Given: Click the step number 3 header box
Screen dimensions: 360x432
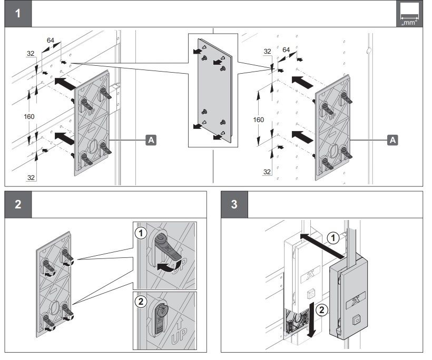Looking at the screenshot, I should (x=234, y=204).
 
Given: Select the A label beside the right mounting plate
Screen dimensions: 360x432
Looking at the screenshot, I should (x=392, y=139).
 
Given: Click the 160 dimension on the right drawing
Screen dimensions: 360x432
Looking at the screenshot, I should (x=259, y=119).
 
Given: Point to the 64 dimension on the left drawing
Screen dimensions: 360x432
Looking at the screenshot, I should (x=51, y=39).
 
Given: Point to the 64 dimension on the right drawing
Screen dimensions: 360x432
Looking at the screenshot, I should (x=286, y=49).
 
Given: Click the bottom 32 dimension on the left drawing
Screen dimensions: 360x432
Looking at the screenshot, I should (x=31, y=177).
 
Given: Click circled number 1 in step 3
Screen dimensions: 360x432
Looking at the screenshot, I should (x=332, y=238).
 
